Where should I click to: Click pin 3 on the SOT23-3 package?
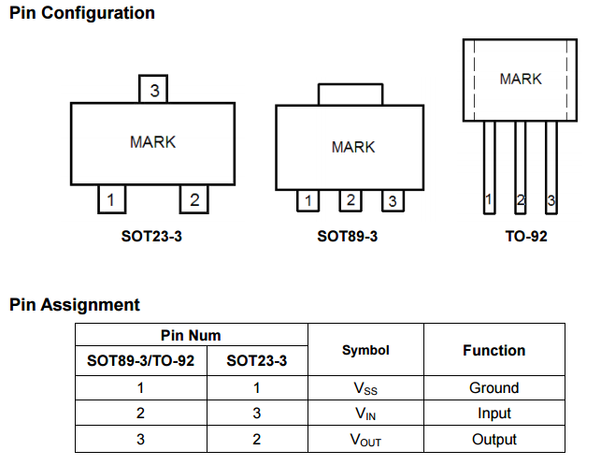coord(153,90)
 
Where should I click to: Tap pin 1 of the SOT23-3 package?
coord(111,199)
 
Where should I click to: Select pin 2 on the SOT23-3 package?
coord(193,199)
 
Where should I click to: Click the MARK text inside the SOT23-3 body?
coord(152,142)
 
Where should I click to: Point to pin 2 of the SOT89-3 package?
coord(350,199)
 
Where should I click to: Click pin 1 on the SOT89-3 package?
coord(308,200)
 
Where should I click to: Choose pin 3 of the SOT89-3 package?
coord(393,200)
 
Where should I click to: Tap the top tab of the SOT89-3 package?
coord(351,94)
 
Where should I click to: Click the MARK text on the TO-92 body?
coord(521,80)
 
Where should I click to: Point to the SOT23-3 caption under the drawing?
coord(151,236)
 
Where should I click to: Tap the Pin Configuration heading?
coord(82,13)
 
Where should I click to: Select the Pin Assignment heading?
coord(75,304)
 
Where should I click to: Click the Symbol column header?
coord(365,350)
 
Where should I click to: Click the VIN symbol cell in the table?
coord(365,413)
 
